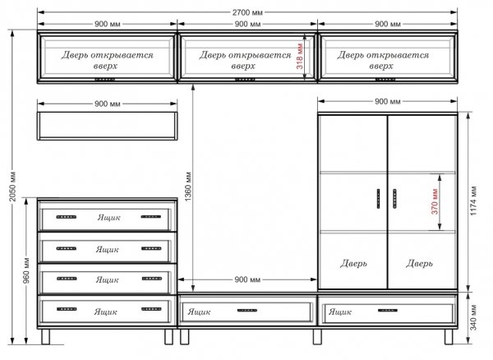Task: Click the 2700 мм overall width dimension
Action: click(x=247, y=12)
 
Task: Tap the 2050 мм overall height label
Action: click(x=13, y=187)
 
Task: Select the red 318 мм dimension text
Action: click(x=300, y=57)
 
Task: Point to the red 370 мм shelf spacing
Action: click(x=435, y=201)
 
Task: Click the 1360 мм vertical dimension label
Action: click(x=188, y=187)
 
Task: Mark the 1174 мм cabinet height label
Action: click(x=473, y=201)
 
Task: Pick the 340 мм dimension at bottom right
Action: click(x=473, y=317)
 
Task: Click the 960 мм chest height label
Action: click(x=27, y=270)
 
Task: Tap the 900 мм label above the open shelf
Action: click(x=107, y=104)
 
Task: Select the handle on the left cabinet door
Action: click(x=379, y=199)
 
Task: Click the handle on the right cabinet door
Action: click(x=394, y=199)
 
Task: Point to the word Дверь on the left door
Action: click(x=353, y=263)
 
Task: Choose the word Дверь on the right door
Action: click(x=419, y=263)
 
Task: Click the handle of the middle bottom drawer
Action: click(x=247, y=311)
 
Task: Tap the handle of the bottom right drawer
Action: click(x=388, y=311)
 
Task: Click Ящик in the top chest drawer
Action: click(x=108, y=217)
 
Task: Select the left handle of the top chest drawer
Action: click(x=67, y=217)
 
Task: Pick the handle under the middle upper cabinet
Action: click(x=245, y=80)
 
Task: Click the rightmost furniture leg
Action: click(x=449, y=336)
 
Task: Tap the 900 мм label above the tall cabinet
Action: click(x=388, y=102)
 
